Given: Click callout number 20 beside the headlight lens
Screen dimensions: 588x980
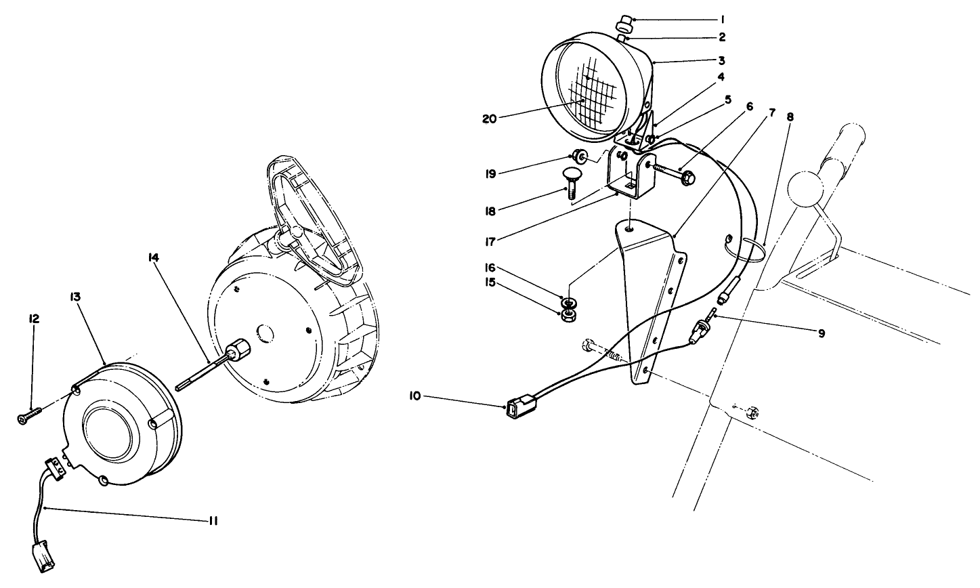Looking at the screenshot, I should point(490,119).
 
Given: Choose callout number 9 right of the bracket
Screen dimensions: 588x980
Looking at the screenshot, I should point(821,333).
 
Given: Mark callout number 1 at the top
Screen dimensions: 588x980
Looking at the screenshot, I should point(723,19).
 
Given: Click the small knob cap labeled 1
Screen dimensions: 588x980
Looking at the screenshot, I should point(623,26).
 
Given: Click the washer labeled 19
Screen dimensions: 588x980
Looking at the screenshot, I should point(580,157).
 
